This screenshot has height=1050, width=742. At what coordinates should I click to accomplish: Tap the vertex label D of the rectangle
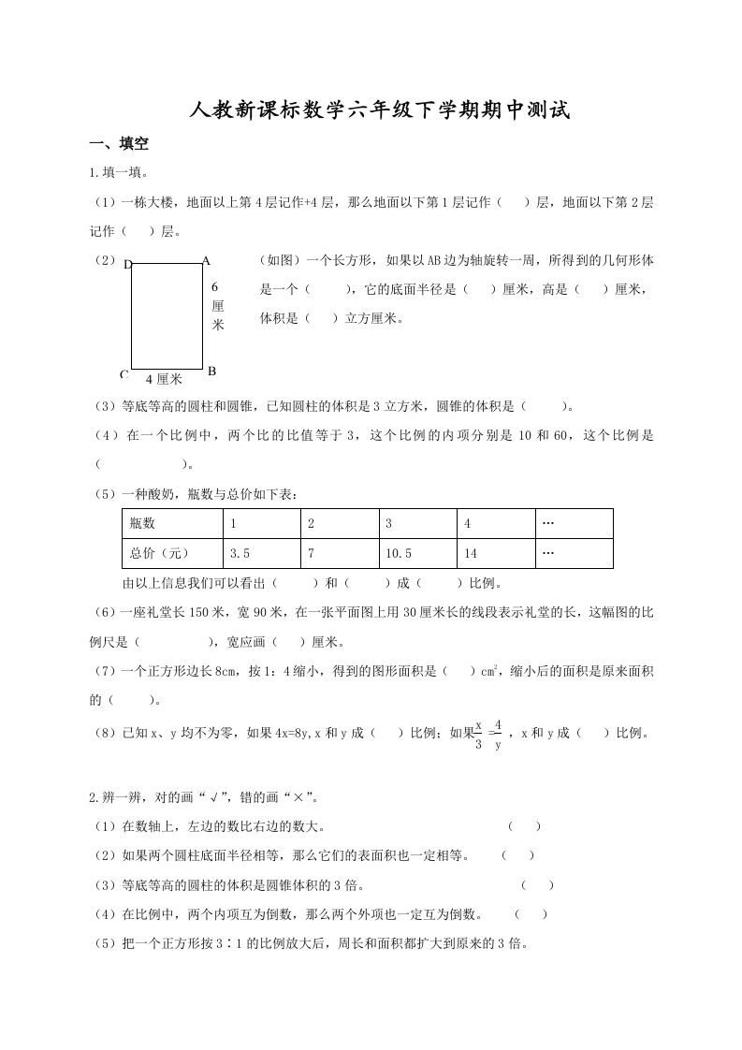click(x=128, y=264)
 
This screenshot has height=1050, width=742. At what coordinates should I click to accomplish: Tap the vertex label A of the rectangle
click(x=206, y=261)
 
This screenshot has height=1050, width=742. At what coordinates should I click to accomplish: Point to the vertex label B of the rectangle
click(x=211, y=371)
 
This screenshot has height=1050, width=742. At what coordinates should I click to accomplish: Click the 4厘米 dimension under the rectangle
click(x=164, y=378)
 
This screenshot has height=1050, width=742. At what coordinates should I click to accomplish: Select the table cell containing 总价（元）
click(x=172, y=553)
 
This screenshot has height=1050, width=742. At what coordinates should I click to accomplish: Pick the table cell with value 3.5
click(x=262, y=553)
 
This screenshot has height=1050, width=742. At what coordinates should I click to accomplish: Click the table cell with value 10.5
click(x=417, y=553)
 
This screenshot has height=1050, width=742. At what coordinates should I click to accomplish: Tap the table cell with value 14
click(x=496, y=553)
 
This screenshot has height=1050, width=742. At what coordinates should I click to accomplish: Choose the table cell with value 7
click(x=340, y=553)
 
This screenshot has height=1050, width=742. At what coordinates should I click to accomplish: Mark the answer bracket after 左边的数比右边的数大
click(x=524, y=825)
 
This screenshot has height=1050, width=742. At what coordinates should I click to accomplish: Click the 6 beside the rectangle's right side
click(x=214, y=286)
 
